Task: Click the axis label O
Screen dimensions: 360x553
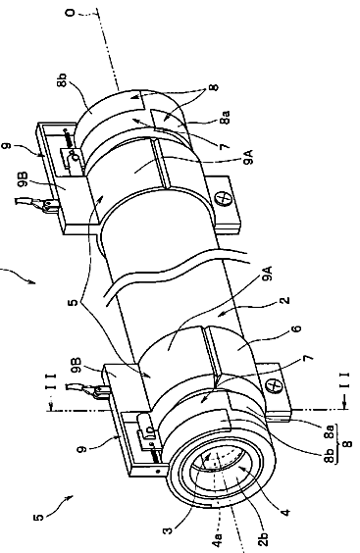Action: click(x=71, y=13)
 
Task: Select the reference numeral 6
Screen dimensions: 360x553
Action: click(x=297, y=328)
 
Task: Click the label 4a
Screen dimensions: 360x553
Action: click(x=218, y=540)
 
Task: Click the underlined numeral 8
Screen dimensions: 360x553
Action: click(x=347, y=442)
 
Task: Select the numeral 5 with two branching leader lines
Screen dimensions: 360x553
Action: click(x=74, y=302)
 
